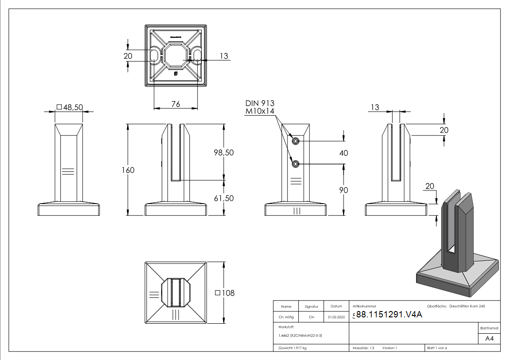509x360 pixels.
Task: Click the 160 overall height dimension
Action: coord(128,170)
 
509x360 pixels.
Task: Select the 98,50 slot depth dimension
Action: coord(223,153)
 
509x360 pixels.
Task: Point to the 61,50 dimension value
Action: coord(223,198)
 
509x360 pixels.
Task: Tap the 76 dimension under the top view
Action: coord(175,104)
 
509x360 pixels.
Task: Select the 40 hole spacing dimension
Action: coord(344,153)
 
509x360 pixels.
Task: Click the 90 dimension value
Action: coord(344,190)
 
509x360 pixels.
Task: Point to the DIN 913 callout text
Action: coord(260,103)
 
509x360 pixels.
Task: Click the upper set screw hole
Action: coord(296,141)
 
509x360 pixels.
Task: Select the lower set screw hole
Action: coord(296,164)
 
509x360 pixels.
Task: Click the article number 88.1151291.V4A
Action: coord(389,315)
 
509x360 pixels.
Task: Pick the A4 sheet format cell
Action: coord(489,339)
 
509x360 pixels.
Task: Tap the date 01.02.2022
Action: coord(336,317)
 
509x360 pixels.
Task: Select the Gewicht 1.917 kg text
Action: coord(293,348)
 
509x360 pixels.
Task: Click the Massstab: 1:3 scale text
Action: coord(363,348)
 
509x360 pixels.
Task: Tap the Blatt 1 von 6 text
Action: coord(437,348)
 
